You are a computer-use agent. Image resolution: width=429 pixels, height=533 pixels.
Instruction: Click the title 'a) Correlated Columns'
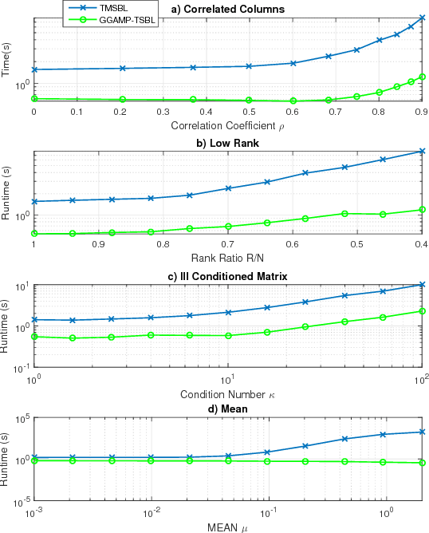(228, 10)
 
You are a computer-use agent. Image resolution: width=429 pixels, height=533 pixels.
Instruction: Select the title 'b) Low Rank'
(228, 143)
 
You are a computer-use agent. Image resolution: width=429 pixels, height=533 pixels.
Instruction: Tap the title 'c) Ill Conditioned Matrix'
(228, 276)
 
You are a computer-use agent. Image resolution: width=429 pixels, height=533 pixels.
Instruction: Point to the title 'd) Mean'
(228, 409)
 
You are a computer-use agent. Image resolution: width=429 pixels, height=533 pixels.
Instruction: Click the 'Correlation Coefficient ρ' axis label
(228, 125)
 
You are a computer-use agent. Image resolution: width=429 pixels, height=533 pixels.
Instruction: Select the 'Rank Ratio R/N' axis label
(228, 259)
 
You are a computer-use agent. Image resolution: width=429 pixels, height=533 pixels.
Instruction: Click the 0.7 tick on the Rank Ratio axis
(228, 245)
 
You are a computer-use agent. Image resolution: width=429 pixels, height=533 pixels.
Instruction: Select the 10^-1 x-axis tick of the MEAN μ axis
(269, 512)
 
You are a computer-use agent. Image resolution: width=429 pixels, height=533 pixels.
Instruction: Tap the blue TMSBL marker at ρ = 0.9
(423, 18)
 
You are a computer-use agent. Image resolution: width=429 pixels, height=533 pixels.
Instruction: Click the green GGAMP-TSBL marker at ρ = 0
(33, 99)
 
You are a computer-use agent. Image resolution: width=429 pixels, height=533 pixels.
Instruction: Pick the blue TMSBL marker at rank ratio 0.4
(423, 151)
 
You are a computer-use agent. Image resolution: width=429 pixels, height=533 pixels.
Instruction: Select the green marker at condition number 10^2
(423, 311)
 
